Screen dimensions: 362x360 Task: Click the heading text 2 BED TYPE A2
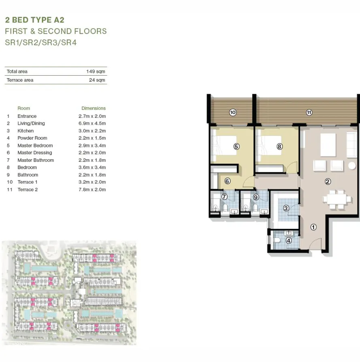(35, 20)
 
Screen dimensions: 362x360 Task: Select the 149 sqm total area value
(96, 72)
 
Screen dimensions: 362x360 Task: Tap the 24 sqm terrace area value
(97, 80)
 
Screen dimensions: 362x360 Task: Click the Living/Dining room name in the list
(31, 124)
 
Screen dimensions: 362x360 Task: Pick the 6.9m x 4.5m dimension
(92, 124)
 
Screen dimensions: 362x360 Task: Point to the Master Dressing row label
(35, 153)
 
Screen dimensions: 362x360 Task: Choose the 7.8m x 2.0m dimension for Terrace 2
(92, 190)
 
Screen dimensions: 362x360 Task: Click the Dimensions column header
(94, 108)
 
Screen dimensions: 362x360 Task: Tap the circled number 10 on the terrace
(232, 113)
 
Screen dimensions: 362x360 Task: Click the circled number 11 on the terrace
(309, 113)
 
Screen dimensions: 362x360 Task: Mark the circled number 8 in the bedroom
(279, 147)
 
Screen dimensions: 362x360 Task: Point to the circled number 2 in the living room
(328, 181)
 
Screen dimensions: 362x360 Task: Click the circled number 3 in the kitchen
(286, 209)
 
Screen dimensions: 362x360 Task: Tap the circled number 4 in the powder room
(288, 240)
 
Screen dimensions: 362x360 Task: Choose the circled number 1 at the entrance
(313, 227)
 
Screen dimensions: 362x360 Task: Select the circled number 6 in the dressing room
(228, 181)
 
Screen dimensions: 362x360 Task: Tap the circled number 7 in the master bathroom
(224, 197)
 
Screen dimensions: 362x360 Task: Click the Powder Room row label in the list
(32, 138)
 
